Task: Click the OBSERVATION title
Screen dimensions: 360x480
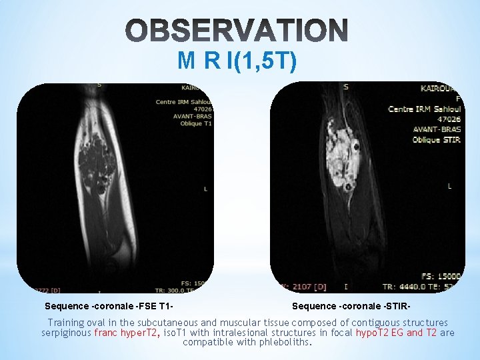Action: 237,30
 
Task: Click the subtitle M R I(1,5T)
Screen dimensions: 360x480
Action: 237,61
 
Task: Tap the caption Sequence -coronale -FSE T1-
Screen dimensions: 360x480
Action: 109,306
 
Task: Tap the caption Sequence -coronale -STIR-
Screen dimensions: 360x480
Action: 351,306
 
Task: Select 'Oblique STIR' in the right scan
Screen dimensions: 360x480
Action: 436,140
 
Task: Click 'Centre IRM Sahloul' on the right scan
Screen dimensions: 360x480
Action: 425,109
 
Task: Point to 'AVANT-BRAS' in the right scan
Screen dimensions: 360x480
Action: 437,129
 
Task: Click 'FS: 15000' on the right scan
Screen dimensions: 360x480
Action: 441,276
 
